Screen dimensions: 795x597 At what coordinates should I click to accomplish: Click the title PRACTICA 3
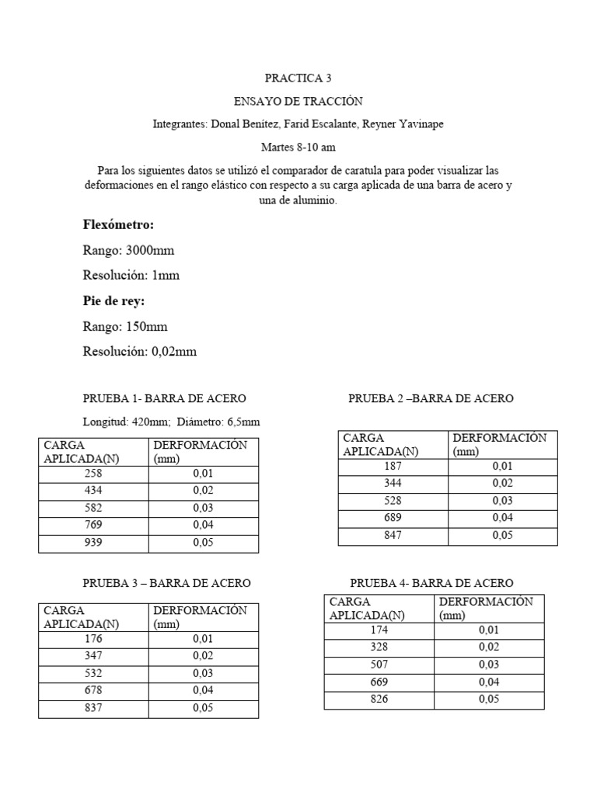(x=298, y=78)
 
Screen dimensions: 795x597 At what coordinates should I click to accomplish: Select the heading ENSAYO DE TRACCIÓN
(x=298, y=101)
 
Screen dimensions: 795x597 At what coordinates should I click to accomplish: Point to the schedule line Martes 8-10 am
(x=298, y=147)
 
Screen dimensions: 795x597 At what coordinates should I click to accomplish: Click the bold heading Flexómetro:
(x=118, y=224)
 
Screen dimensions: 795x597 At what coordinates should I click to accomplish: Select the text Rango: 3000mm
(x=128, y=251)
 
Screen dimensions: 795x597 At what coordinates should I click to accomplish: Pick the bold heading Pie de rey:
(x=113, y=301)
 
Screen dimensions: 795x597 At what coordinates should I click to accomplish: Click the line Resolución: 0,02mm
(x=140, y=352)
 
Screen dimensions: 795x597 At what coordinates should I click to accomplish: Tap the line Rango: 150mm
(x=125, y=326)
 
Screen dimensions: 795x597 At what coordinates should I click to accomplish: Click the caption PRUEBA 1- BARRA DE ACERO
(x=165, y=398)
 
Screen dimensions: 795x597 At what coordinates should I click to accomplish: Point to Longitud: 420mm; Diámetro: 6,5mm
(x=171, y=422)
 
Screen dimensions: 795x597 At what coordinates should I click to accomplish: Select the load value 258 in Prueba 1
(x=93, y=474)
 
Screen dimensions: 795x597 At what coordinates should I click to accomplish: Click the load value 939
(x=93, y=543)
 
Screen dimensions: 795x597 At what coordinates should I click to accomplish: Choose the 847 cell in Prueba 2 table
(x=393, y=536)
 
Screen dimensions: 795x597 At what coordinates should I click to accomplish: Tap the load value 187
(x=393, y=467)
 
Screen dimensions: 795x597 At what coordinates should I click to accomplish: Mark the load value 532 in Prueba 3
(x=93, y=673)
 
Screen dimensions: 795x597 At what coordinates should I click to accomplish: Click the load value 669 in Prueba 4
(x=379, y=682)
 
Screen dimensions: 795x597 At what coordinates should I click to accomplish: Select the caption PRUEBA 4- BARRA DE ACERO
(x=431, y=583)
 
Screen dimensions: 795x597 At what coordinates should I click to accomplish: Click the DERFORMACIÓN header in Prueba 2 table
(x=499, y=438)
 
